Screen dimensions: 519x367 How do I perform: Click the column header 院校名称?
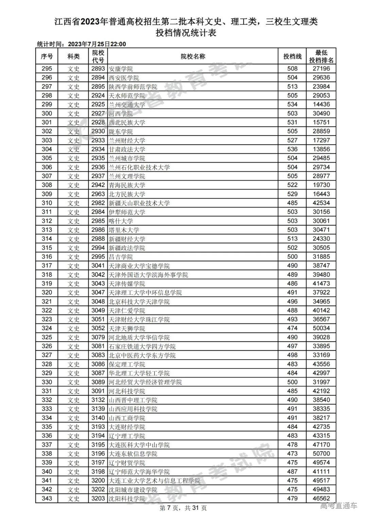(x=193, y=56)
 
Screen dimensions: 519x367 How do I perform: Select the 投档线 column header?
(x=292, y=56)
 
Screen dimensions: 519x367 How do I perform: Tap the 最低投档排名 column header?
(x=321, y=56)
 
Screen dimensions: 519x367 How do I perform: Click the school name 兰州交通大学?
(x=127, y=105)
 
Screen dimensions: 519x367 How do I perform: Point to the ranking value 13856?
(x=321, y=149)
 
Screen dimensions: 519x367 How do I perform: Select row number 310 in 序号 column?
(x=47, y=203)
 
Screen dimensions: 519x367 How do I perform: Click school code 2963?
(x=98, y=194)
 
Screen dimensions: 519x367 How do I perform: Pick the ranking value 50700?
(x=321, y=453)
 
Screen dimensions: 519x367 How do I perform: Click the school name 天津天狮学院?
(x=127, y=328)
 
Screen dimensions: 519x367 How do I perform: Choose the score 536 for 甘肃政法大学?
(x=292, y=149)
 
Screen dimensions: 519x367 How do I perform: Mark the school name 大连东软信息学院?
(x=133, y=454)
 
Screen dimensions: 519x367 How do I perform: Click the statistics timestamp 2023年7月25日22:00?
(x=97, y=44)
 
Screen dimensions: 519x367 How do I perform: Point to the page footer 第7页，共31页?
(x=183, y=508)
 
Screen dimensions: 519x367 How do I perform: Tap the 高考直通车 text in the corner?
(x=339, y=506)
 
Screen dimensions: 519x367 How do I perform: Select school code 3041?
(x=98, y=265)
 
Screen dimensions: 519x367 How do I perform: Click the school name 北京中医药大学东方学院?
(x=142, y=355)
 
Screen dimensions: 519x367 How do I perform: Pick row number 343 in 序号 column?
(x=47, y=498)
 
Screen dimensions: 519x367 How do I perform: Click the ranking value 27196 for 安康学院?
(x=321, y=69)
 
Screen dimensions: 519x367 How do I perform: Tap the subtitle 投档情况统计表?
(x=186, y=33)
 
